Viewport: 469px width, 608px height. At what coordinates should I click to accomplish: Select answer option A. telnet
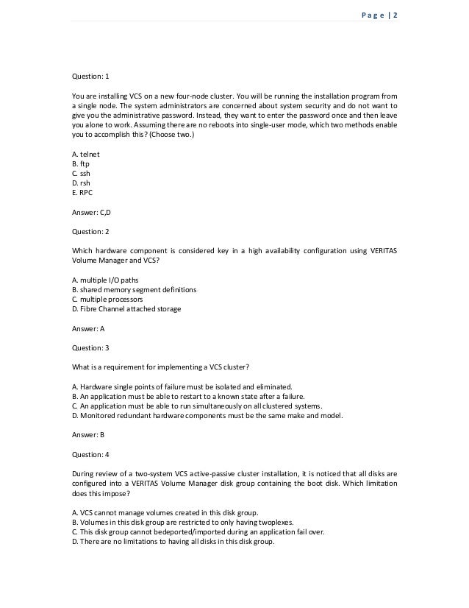click(85, 153)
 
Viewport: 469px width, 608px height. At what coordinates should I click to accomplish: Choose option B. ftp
click(79, 163)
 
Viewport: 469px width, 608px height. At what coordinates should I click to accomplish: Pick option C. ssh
click(79, 172)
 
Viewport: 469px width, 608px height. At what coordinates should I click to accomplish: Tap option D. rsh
click(80, 182)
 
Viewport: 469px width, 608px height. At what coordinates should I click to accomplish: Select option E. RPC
click(82, 191)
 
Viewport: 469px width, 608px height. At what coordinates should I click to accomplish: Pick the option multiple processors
click(107, 300)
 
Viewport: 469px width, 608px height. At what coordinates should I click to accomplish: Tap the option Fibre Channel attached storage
click(126, 309)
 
